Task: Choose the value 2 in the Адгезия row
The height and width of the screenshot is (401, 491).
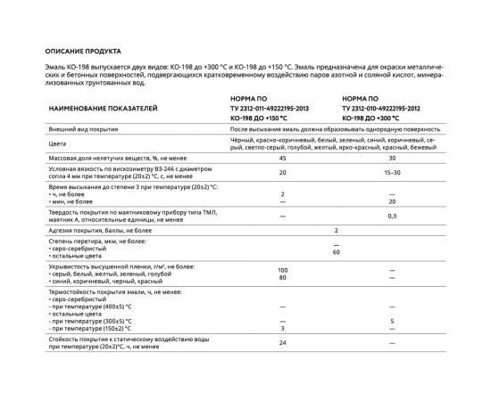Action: pos(337,231)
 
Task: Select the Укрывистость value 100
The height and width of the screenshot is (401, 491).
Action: pos(283,269)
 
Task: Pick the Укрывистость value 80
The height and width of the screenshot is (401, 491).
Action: pos(283,276)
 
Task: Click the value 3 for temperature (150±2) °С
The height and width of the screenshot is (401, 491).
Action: pos(282,327)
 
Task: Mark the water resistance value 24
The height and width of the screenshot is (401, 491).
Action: pos(282,342)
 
